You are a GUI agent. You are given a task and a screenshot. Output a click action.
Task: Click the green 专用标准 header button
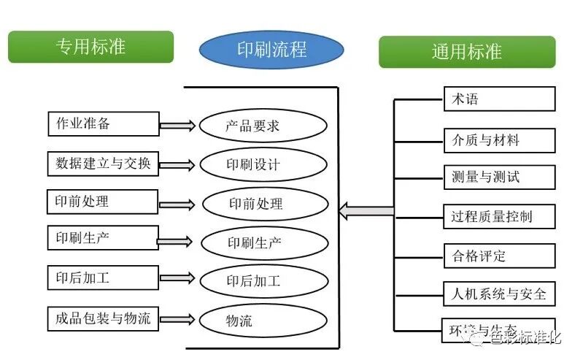[x=90, y=47]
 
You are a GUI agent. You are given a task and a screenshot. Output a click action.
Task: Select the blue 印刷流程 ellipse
[x=271, y=50]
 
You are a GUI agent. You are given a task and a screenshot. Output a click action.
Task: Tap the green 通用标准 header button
[x=467, y=52]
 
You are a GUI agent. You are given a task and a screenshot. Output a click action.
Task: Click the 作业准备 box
[x=103, y=123]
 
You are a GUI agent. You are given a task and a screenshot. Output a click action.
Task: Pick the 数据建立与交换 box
[x=103, y=164]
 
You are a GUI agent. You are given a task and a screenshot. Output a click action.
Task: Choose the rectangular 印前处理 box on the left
[x=103, y=202]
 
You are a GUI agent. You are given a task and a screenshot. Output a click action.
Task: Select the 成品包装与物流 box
[x=103, y=318]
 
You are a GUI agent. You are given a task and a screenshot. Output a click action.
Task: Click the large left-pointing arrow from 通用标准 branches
[x=366, y=212]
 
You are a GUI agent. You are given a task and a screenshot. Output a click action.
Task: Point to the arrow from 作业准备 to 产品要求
[x=177, y=126]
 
